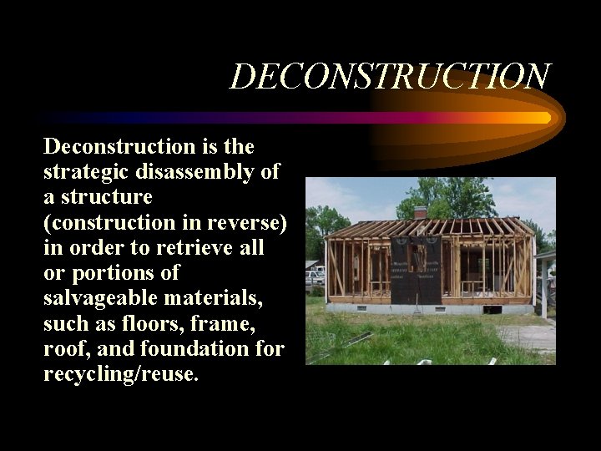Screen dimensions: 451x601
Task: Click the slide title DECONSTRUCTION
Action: click(390, 77)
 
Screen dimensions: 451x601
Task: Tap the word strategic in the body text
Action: click(84, 172)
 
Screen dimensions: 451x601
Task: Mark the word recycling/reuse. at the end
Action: click(121, 373)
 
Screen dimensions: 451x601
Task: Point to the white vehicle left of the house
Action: click(314, 276)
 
